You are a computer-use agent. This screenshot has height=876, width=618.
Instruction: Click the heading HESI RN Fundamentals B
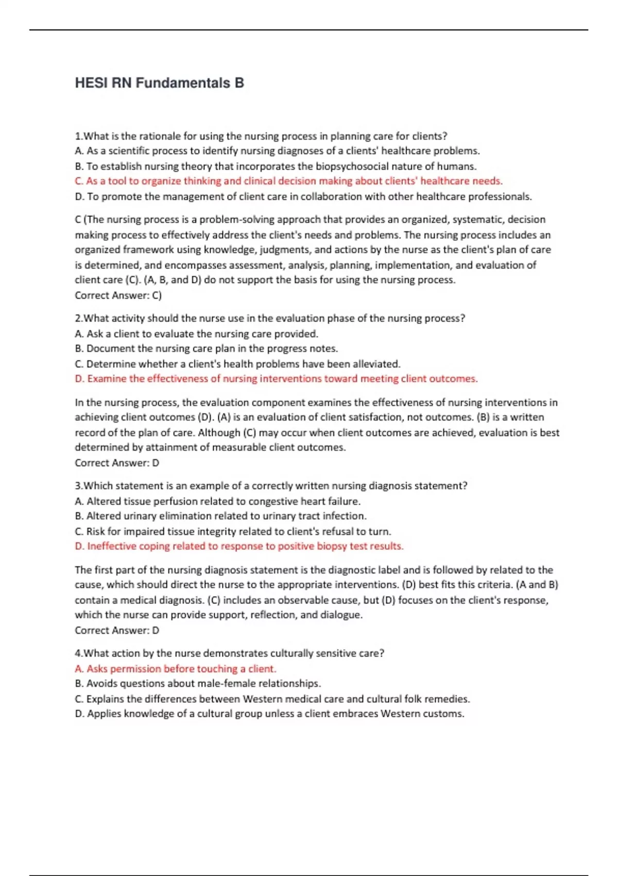[159, 83]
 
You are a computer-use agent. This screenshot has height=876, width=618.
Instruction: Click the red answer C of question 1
[288, 181]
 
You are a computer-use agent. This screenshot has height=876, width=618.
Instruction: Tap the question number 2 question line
[270, 318]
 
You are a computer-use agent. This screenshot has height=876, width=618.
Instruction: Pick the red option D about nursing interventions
[276, 379]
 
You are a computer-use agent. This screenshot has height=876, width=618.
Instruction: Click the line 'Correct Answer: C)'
[118, 295]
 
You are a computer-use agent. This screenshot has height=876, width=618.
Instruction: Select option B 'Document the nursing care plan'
[206, 348]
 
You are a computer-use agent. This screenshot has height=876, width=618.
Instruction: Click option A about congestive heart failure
[217, 501]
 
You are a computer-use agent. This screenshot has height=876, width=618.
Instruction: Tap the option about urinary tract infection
[220, 516]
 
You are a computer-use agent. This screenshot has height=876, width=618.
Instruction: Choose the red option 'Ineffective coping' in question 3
[239, 546]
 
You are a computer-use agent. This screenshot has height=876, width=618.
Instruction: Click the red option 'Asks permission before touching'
[176, 668]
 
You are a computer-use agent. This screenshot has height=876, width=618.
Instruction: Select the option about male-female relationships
[198, 683]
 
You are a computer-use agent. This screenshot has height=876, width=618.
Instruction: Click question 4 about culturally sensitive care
[229, 653]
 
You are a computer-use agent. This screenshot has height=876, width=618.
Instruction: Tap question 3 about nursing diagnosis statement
[271, 485]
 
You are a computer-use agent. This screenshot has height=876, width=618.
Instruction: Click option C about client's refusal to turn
[233, 531]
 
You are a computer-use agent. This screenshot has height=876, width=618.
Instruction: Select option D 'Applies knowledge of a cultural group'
[269, 714]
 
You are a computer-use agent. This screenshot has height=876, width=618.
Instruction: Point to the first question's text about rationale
[261, 136]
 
